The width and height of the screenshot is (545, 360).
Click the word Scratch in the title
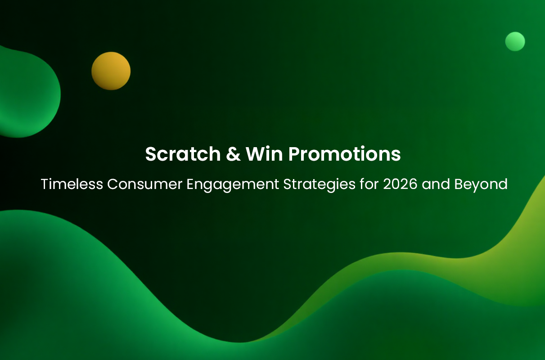[183, 154]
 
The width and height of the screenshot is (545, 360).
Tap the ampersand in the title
[233, 154]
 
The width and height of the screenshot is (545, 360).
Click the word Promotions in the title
[345, 154]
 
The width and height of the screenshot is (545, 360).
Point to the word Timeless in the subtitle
[72, 184]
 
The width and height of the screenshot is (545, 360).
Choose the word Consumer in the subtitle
[145, 184]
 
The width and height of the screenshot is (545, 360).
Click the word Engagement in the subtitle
[233, 185]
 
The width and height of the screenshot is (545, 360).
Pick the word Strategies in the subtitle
[320, 185]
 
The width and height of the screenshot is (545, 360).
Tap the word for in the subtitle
[369, 184]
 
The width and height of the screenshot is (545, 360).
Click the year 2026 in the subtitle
[400, 184]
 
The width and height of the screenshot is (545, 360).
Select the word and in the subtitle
[436, 184]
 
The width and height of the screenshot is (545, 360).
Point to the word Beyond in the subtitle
[481, 185]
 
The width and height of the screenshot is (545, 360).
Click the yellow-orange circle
[111, 71]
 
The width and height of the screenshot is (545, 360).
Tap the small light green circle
[515, 41]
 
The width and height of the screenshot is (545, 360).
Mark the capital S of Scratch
[151, 154]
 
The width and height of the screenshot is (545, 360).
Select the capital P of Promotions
[294, 154]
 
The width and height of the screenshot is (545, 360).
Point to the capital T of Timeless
[45, 184]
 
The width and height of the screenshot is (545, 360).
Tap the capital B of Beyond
[459, 184]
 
